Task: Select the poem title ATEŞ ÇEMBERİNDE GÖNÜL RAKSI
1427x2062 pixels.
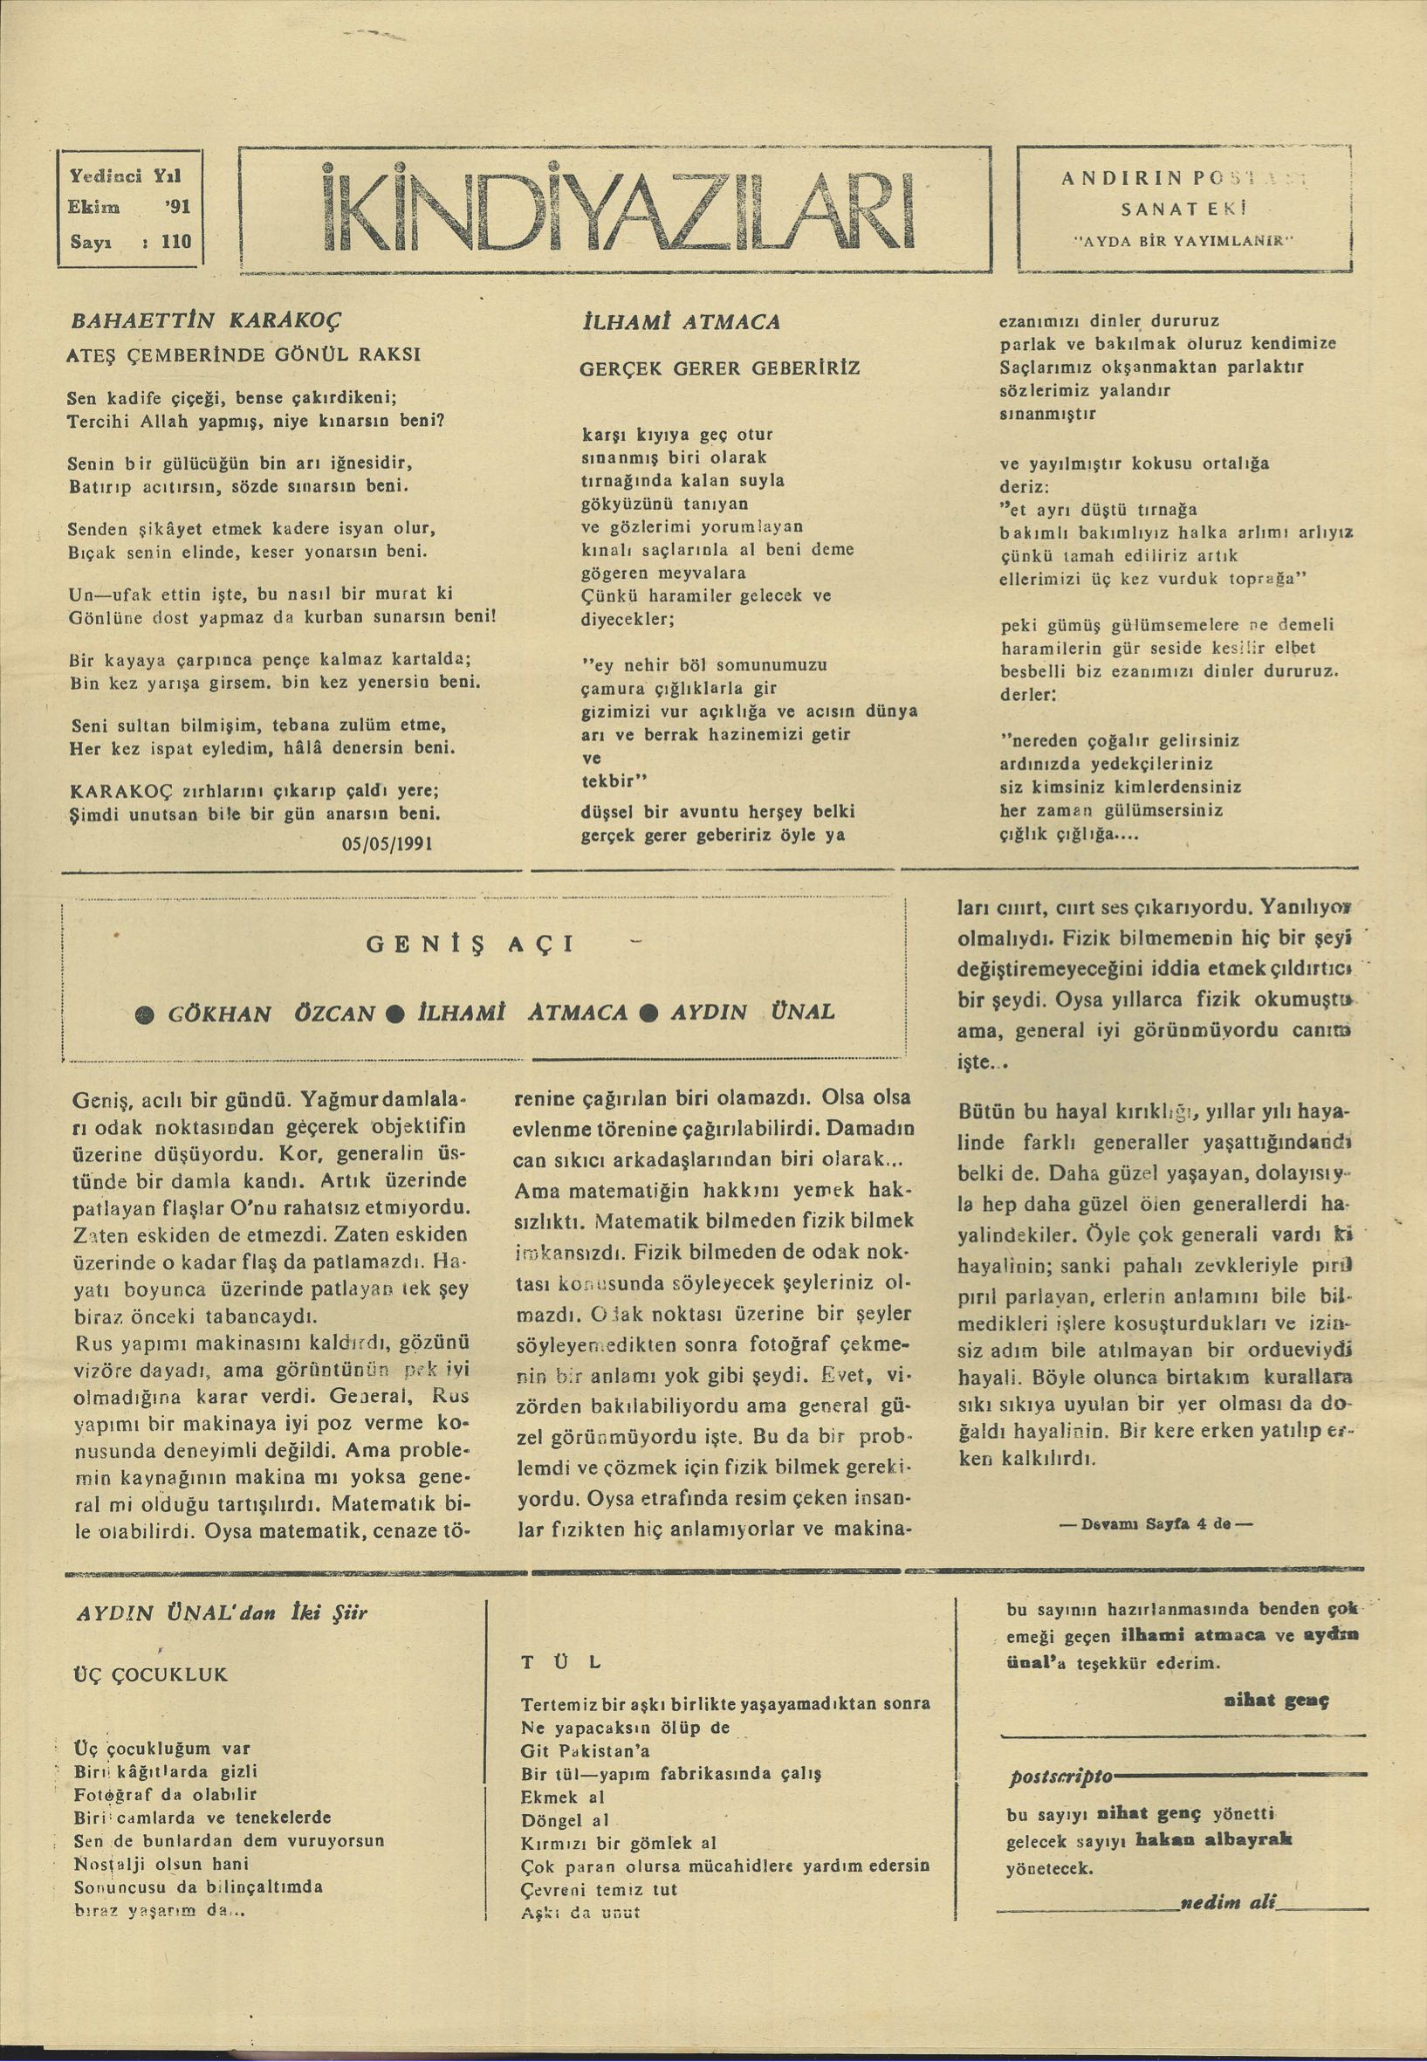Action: click(x=244, y=354)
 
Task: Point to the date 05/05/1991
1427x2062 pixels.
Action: click(x=388, y=842)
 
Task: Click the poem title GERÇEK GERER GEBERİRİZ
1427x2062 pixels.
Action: click(x=720, y=368)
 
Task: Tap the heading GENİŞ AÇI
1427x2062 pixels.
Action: click(x=470, y=945)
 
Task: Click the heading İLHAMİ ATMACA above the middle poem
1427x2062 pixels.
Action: click(x=681, y=321)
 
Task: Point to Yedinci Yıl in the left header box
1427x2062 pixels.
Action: click(x=125, y=177)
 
